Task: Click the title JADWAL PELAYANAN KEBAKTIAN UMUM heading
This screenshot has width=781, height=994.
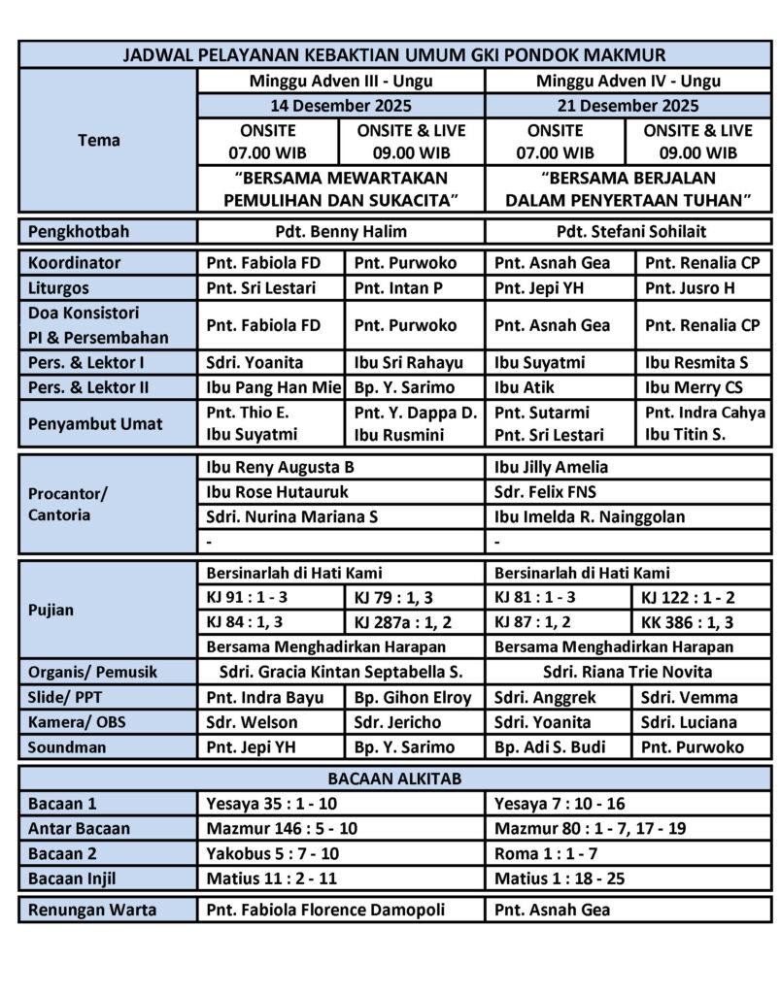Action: (394, 55)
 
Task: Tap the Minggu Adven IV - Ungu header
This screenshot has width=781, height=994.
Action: (628, 82)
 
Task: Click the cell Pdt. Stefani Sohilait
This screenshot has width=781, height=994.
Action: (628, 232)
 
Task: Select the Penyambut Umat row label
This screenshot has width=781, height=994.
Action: (95, 424)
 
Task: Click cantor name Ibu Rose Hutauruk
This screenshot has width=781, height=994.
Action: (277, 492)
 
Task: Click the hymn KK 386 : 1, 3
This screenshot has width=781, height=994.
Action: (687, 622)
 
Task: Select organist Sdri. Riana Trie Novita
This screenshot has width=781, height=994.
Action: (628, 672)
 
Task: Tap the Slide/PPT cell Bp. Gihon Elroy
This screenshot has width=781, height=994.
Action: (413, 697)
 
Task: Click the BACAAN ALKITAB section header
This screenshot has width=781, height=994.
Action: (394, 779)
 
